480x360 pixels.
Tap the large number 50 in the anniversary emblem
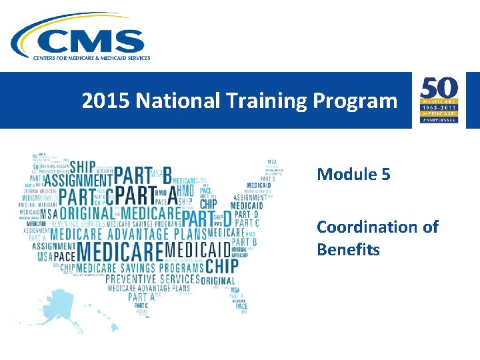tap(438, 87)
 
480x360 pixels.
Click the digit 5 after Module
tap(386, 175)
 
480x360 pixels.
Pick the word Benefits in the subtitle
tap(348, 250)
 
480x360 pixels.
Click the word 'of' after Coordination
tap(431, 227)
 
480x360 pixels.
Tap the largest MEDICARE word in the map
tap(120, 251)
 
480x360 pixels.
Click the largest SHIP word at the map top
tap(83, 165)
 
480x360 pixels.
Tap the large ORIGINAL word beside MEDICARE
tap(86, 213)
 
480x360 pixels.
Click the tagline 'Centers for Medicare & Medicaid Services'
tap(92, 58)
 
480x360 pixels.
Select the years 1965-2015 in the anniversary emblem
tap(438, 107)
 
